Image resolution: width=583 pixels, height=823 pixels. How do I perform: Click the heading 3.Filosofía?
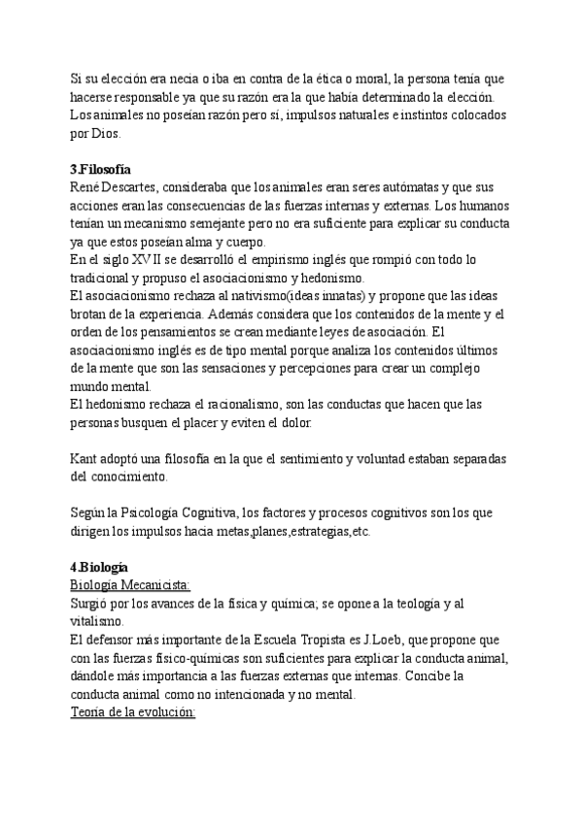[x=101, y=169]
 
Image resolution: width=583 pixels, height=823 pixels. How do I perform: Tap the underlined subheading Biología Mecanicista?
[x=130, y=584]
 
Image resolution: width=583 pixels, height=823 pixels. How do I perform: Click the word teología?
[x=400, y=602]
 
